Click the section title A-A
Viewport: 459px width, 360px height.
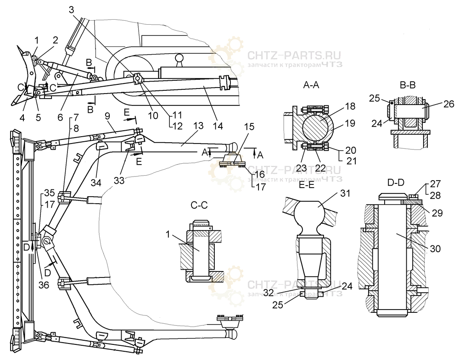point(312,85)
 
